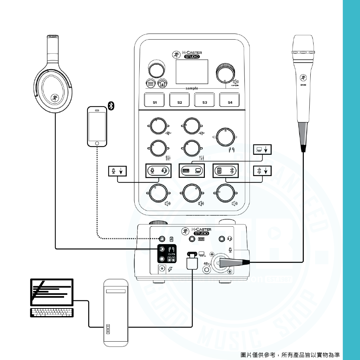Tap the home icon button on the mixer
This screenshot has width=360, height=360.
[162, 83]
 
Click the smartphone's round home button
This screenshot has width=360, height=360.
[97, 144]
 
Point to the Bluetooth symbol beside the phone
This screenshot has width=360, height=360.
[112, 105]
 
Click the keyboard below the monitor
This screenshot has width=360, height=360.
[52, 312]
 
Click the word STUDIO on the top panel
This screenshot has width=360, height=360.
[192, 57]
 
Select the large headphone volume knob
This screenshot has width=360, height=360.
[225, 137]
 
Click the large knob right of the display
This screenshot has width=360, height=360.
[226, 74]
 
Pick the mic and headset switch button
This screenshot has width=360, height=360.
[158, 170]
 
